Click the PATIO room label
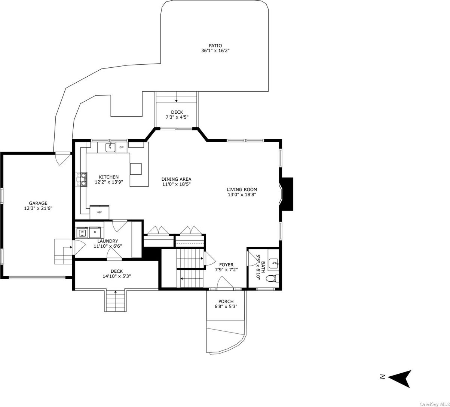[215, 46]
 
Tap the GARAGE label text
[38, 203]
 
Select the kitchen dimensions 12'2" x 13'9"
[108, 182]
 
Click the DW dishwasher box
[122, 147]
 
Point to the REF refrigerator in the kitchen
[100, 212]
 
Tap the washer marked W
[82, 232]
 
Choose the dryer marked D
[95, 232]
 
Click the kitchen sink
[110, 147]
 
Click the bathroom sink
[274, 263]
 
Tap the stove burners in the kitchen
[82, 179]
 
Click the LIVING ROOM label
[242, 189]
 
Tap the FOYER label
[226, 264]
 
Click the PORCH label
[226, 301]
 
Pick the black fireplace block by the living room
[287, 194]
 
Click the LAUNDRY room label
[108, 241]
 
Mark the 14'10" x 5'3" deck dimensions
[116, 276]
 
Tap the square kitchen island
[136, 169]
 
